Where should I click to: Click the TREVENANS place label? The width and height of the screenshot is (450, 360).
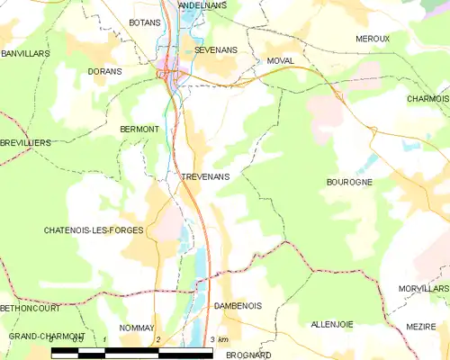pyautogui.click(x=205, y=177)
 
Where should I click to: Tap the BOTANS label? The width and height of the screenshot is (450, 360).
pyautogui.click(x=144, y=21)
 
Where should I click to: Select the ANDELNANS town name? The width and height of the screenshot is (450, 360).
pyautogui.click(x=202, y=4)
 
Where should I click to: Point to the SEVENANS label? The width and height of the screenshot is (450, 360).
pyautogui.click(x=214, y=51)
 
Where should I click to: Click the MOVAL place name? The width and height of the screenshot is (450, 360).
pyautogui.click(x=281, y=61)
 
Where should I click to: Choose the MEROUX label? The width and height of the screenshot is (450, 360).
pyautogui.click(x=373, y=39)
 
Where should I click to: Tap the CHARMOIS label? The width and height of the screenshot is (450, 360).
pyautogui.click(x=427, y=98)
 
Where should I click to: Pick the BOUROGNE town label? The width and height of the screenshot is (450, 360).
pyautogui.click(x=349, y=182)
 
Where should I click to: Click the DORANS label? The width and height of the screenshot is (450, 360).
pyautogui.click(x=104, y=70)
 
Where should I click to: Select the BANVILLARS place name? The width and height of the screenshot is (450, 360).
pyautogui.click(x=25, y=54)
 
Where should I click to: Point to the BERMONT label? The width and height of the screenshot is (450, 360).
pyautogui.click(x=139, y=130)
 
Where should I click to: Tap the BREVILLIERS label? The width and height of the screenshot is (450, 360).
pyautogui.click(x=25, y=143)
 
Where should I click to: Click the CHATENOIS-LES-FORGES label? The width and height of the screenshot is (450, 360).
pyautogui.click(x=94, y=230)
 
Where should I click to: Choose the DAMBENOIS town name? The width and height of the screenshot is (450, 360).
pyautogui.click(x=238, y=306)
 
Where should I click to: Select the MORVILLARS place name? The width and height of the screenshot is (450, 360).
pyautogui.click(x=423, y=289)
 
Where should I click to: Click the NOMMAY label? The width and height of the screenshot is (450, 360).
pyautogui.click(x=137, y=328)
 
